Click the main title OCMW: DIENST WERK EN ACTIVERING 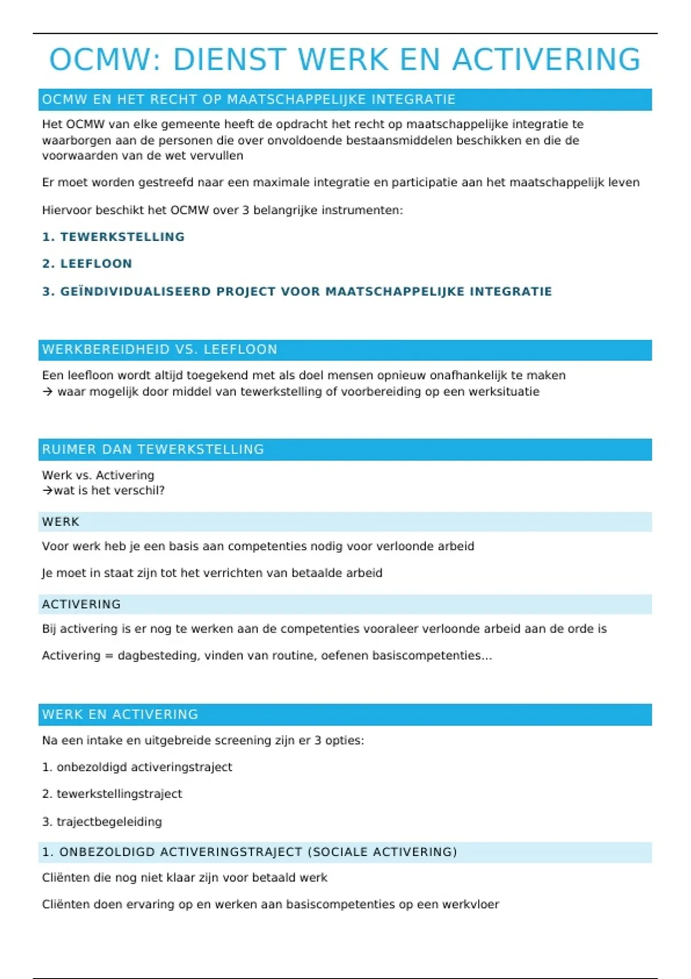[x=344, y=59]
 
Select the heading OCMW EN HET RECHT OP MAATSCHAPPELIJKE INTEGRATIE [x=249, y=100]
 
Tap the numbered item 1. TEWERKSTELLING [x=113, y=237]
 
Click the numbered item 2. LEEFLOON [x=87, y=264]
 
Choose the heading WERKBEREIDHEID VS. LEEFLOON [x=160, y=350]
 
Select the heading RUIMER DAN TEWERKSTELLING [x=153, y=449]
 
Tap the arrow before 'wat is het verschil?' [x=47, y=491]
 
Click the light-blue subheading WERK [x=60, y=522]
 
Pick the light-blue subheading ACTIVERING [x=81, y=604]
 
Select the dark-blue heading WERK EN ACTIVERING [x=120, y=715]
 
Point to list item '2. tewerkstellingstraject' [x=112, y=794]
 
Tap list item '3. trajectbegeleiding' [x=102, y=822]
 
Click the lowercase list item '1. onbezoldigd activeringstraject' [x=137, y=767]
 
